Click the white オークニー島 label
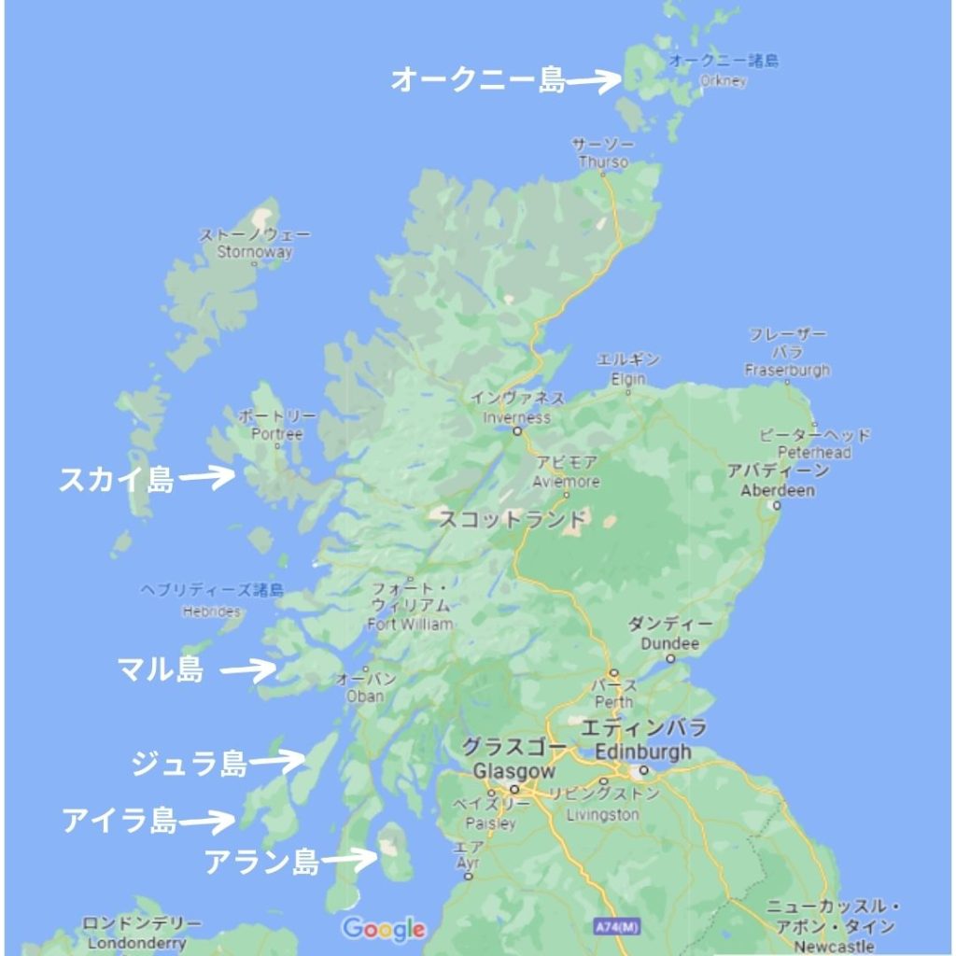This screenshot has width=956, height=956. (477, 80)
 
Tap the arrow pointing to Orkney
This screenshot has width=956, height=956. (595, 81)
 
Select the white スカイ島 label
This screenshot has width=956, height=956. (116, 480)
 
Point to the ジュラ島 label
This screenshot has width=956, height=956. (190, 763)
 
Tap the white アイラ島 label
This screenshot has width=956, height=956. (119, 821)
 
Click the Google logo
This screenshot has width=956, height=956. (384, 929)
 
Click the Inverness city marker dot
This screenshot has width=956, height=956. (516, 432)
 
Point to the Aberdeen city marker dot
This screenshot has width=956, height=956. (776, 505)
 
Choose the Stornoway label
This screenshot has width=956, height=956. (254, 251)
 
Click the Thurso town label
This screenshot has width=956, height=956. (603, 162)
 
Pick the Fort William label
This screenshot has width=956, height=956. (411, 624)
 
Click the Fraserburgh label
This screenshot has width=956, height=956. (787, 371)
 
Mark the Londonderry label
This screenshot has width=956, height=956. (126, 943)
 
